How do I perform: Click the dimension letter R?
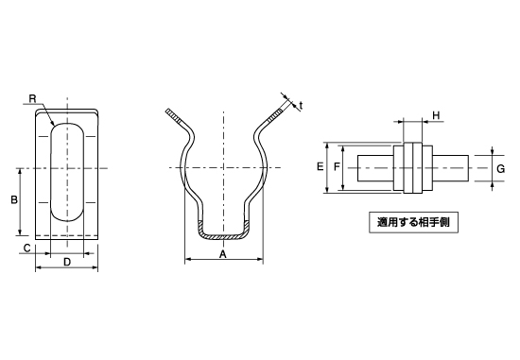coord(32,99)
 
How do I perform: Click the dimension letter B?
coord(14,200)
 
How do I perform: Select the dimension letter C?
coord(27,248)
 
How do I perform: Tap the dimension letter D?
coord(67,262)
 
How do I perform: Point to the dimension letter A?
coord(223,254)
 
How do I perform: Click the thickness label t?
coord(301,106)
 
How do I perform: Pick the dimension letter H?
coord(436,115)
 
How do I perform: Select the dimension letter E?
coord(320,166)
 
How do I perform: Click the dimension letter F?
coord(337,166)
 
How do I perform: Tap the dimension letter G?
coord(500,169)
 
